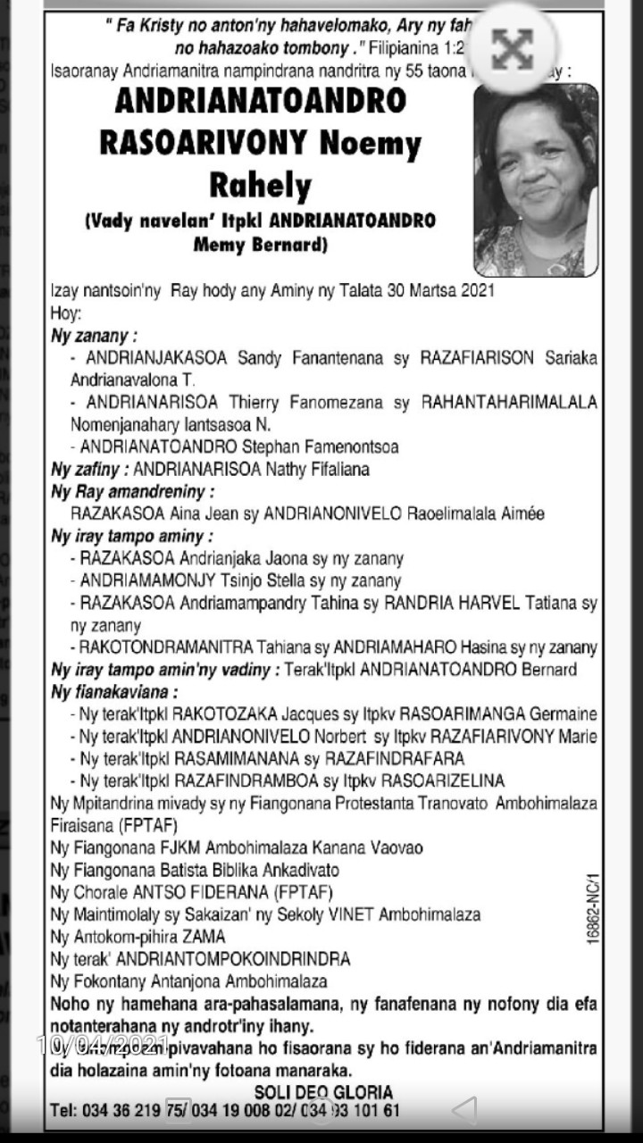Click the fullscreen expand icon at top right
tap(512, 49)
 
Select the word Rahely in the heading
tap(260, 185)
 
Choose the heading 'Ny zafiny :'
tap(90, 469)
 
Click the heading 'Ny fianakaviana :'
tap(115, 692)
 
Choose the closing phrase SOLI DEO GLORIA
tap(323, 1092)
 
